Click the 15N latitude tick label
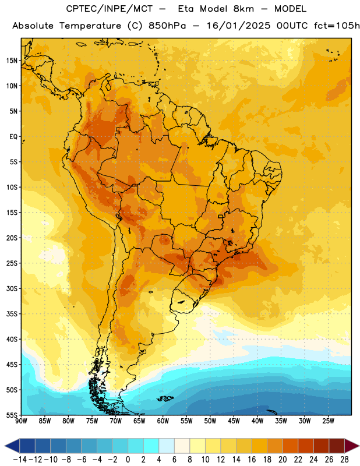tap(12, 61)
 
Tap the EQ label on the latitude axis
tap(13, 137)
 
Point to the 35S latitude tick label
tap(12, 314)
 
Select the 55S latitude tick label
tap(12, 415)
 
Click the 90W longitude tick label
tap(22, 421)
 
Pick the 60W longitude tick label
tap(163, 421)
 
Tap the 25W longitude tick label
tap(328, 421)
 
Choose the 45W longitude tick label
tap(234, 421)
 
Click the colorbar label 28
tap(344, 460)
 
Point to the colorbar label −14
tap(20, 460)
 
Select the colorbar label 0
tap(128, 460)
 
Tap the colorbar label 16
tap(252, 460)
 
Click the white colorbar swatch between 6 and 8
tap(182, 446)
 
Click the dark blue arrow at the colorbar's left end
tap(12, 446)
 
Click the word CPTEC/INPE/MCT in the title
tap(110, 9)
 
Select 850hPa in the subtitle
tap(167, 26)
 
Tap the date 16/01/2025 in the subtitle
tap(238, 26)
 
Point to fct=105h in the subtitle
tap(337, 26)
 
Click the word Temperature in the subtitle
tap(90, 26)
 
